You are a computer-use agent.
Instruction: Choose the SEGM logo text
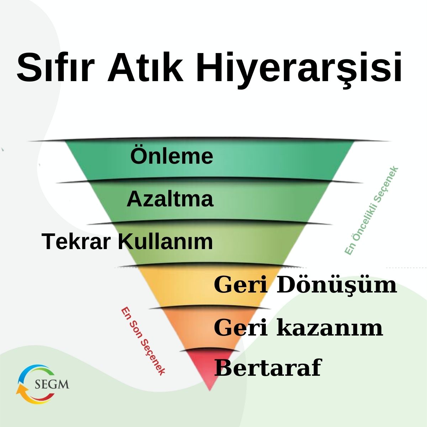point(52,385)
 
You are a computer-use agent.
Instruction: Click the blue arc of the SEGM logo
point(27,372)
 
